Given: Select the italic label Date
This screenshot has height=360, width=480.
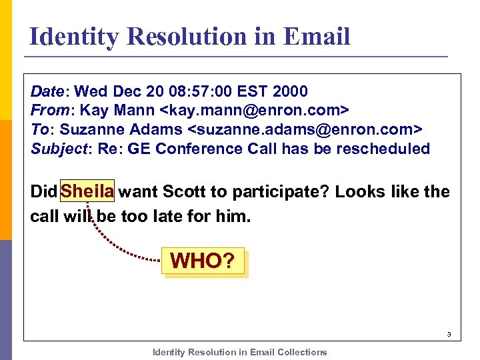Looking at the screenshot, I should pos(47,91).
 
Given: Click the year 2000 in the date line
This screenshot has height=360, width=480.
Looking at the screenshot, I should pos(290,91).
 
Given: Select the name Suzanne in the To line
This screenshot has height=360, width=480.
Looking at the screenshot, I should pos(87,129).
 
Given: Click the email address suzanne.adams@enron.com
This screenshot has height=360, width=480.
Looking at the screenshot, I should pos(307,129).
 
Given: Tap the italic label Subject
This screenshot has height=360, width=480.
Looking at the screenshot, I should pos(59,149).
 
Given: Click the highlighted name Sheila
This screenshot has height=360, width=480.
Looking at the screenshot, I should pos(87,192).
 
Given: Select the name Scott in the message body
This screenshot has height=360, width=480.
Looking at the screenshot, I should pos(184,192).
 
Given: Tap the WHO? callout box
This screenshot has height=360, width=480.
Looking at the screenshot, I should pos(203,261).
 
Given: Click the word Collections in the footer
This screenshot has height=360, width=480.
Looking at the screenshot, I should pos(302,352).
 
